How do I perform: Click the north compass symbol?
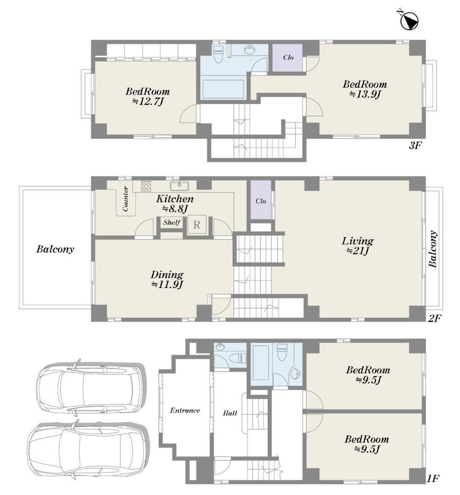[408, 21]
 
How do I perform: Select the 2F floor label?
[434, 318]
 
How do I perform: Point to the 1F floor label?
[433, 487]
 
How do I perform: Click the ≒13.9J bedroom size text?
[365, 94]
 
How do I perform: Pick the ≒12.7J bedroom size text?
[148, 101]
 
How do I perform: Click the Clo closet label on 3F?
[288, 57]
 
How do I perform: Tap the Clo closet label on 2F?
[261, 201]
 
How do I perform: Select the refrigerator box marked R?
[197, 224]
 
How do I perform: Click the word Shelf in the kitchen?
[172, 222]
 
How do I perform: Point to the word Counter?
[126, 199]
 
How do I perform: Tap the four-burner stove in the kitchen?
[146, 186]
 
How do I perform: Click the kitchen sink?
[179, 185]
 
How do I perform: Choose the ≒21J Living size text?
[357, 251]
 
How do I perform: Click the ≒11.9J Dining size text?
[167, 284]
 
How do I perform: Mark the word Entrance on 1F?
[185, 410]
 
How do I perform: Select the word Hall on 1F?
[230, 413]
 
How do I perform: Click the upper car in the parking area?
[91, 388]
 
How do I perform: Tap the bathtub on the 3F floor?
[224, 89]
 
